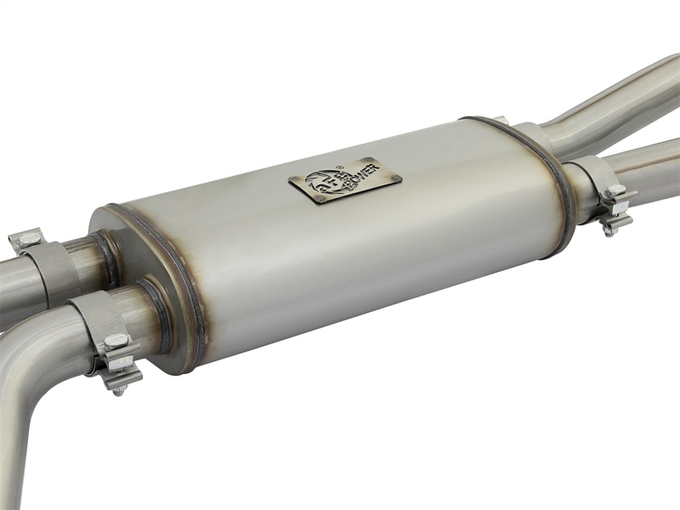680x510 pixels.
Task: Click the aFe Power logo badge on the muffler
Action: pyautogui.click(x=344, y=180)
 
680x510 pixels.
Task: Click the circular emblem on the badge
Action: pyautogui.click(x=324, y=183)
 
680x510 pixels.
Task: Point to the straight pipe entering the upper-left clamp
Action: pyautogui.click(x=13, y=285)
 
